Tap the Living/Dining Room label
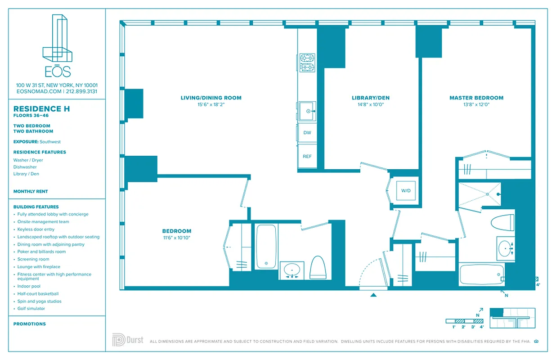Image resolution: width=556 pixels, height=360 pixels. (211, 98)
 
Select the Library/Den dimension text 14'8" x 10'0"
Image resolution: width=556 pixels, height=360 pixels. (371, 105)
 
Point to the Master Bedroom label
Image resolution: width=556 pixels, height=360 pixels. (476, 98)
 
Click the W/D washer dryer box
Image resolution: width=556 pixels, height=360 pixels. (406, 191)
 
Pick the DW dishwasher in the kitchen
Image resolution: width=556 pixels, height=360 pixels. (307, 133)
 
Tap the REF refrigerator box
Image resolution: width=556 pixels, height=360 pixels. (307, 157)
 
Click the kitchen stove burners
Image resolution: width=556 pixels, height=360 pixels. (307, 63)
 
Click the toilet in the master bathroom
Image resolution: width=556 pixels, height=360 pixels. (502, 222)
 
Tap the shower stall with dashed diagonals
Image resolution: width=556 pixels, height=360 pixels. (480, 194)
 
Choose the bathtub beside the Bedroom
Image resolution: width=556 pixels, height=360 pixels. (266, 247)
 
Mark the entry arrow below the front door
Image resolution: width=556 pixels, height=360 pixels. (373, 295)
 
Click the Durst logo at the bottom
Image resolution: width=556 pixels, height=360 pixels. (128, 340)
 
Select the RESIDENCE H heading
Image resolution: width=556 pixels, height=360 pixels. (41, 109)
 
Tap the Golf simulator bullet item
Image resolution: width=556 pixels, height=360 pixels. (31, 309)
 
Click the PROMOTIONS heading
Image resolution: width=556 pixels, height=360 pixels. (30, 324)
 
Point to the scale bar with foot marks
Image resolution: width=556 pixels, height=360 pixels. (464, 321)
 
